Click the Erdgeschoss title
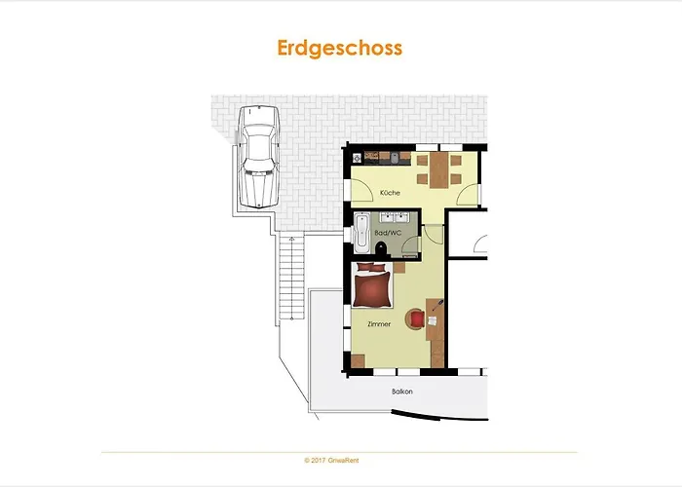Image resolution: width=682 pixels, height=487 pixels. point(340,49)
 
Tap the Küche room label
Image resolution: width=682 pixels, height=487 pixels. point(390,193)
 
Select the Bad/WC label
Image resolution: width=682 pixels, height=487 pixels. point(388,233)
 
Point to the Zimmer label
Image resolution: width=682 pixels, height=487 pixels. point(379,324)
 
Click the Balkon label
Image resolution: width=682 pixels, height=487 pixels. point(402,392)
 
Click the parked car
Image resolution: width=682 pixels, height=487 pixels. point(259,157)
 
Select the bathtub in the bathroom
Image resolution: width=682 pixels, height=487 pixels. point(361,233)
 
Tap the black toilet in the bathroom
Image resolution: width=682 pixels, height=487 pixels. point(382,247)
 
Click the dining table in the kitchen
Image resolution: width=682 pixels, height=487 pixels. point(438,169)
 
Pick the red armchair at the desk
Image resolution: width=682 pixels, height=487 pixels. point(416,318)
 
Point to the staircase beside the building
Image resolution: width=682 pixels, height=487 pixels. point(291,279)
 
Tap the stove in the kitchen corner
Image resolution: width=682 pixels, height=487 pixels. point(358,158)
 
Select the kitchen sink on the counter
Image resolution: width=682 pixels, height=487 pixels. point(394,158)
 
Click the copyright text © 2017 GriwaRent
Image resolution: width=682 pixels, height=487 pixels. point(331,460)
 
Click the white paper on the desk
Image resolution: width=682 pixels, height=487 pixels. point(433,320)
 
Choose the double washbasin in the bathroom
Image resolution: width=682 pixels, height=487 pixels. point(394,217)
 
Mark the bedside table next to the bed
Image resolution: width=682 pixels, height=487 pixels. point(399,267)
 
